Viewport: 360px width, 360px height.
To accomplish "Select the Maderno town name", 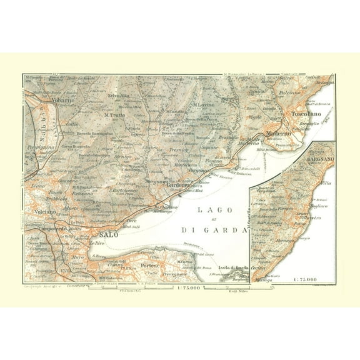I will tap(278, 133).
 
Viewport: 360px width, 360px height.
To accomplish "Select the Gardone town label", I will tap(177, 186).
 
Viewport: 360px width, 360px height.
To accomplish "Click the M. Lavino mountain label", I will tap(204, 104).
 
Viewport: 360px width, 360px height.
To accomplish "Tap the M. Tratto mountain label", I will tap(115, 114).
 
